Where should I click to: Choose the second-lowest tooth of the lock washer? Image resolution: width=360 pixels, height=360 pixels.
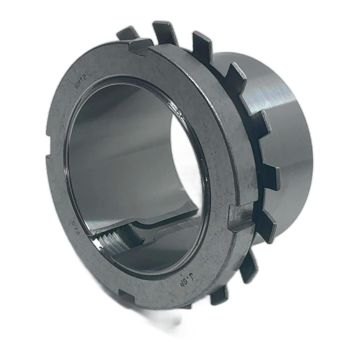246,264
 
